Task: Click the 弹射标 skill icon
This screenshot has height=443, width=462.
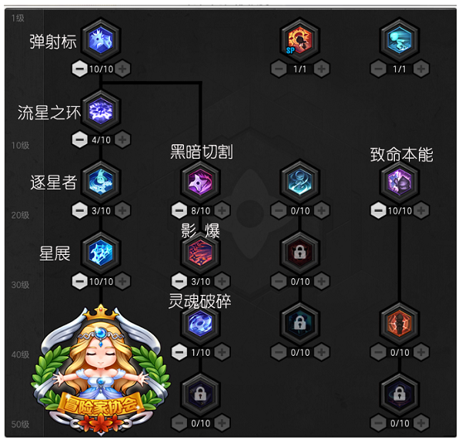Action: (x=101, y=40)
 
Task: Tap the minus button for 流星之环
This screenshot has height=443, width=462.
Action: (x=79, y=139)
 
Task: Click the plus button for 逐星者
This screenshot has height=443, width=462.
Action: (x=122, y=210)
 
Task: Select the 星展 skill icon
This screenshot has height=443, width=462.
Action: (x=101, y=253)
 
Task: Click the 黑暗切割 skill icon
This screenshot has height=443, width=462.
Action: (x=200, y=182)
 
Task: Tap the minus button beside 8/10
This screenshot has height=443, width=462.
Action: (x=179, y=210)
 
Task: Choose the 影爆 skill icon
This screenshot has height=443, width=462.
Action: (x=200, y=253)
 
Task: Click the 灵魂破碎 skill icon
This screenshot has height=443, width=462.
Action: (x=200, y=324)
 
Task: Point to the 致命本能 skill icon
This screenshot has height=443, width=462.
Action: (x=400, y=182)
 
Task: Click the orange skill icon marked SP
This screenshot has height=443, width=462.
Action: (x=300, y=40)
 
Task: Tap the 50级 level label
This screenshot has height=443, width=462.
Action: (x=20, y=425)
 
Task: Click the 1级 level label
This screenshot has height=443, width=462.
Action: (x=18, y=18)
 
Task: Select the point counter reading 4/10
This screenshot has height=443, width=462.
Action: (x=101, y=139)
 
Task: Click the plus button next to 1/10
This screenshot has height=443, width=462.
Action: (x=223, y=352)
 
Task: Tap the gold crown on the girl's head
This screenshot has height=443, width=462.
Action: (x=101, y=314)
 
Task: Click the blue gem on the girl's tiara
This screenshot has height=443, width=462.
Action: (x=101, y=334)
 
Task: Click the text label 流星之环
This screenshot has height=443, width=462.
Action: (x=49, y=112)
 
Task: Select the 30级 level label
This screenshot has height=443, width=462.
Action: (x=20, y=285)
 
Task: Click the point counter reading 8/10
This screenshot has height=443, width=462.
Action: (x=201, y=211)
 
